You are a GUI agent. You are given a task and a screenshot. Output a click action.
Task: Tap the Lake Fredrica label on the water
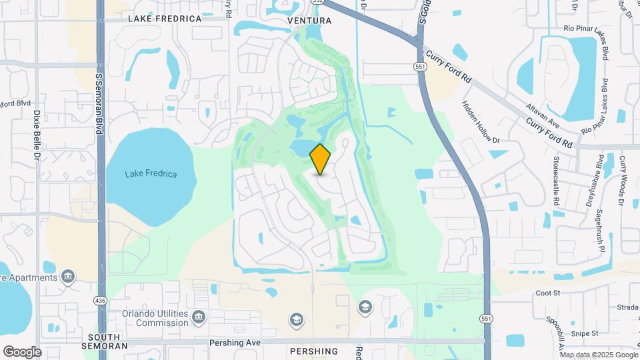151,174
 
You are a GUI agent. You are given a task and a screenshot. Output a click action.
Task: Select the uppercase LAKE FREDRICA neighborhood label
165,19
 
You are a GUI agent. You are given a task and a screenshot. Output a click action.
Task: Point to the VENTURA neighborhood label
309,21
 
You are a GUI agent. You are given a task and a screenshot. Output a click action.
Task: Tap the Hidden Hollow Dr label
481,122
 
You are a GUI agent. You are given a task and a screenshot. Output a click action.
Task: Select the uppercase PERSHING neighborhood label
314,351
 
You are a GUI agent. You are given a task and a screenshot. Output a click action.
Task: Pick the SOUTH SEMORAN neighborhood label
104,342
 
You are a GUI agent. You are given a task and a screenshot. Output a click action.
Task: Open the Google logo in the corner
22,352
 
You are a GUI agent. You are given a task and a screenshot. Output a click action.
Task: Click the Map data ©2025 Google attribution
600,355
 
